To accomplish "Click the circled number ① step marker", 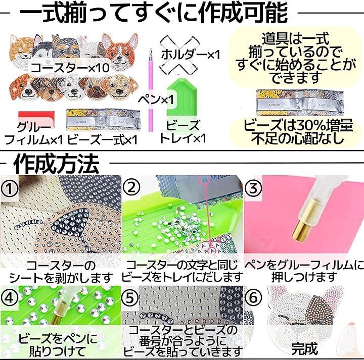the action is tap(10, 189).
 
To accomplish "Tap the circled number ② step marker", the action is tap(131, 188).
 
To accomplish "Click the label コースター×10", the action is tap(70, 68).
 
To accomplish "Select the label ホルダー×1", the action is tap(191, 55).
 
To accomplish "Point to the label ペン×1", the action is tap(156, 99).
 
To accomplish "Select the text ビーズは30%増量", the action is tap(298, 125).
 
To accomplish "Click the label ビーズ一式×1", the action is tap(102, 140).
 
